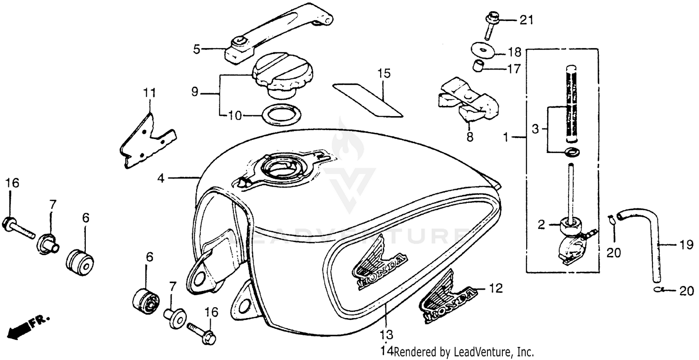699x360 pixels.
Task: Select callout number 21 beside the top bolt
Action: [x=526, y=20]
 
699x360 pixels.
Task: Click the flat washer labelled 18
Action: [x=482, y=49]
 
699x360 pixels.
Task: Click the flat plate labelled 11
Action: [x=145, y=138]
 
